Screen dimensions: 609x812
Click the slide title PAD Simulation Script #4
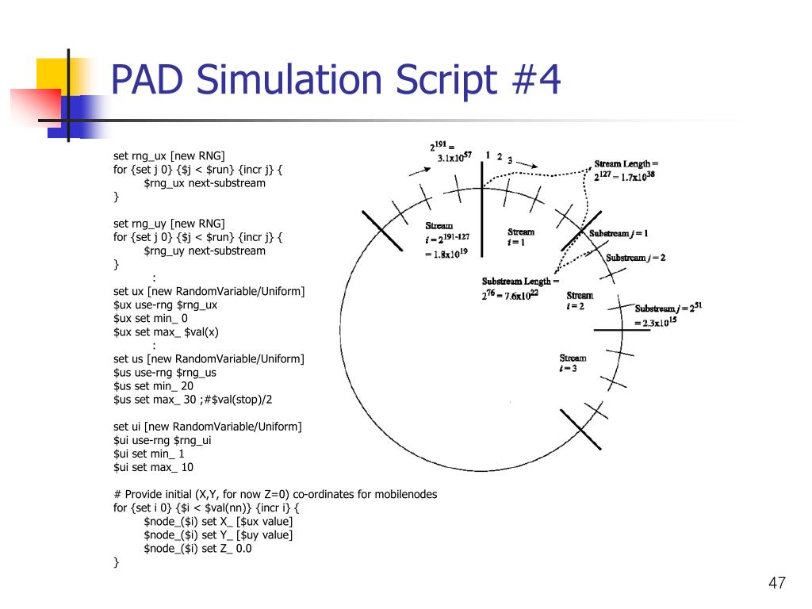(335, 81)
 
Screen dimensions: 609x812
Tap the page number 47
(776, 584)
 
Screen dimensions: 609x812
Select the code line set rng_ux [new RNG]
(169, 156)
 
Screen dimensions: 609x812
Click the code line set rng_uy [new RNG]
(169, 224)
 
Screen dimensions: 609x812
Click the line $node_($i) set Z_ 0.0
(197, 548)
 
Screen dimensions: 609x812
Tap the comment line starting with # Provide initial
(275, 494)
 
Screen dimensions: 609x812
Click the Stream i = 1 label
(520, 237)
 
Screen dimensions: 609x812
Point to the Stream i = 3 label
(573, 363)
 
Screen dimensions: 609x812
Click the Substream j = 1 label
(619, 233)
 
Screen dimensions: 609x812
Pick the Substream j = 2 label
(636, 258)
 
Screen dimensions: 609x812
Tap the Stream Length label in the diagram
(626, 164)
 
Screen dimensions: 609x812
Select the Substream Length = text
(520, 282)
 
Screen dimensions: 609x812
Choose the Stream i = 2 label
(579, 301)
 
